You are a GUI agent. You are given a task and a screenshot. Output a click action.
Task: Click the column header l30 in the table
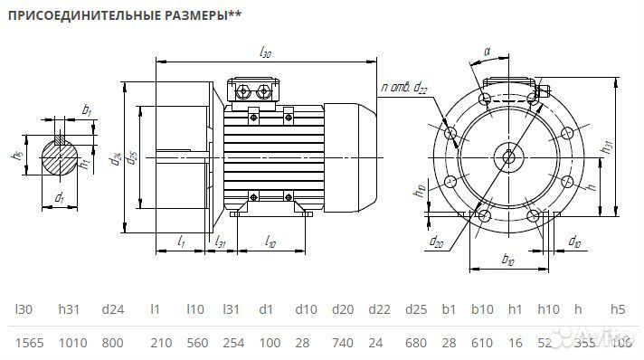[x=24, y=309]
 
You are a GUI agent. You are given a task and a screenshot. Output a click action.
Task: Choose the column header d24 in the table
[x=112, y=309]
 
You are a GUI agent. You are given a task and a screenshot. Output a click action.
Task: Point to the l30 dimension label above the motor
[x=264, y=53]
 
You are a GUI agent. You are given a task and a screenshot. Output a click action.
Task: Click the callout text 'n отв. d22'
[x=404, y=87]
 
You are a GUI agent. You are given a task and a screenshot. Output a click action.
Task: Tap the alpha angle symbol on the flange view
[x=487, y=52]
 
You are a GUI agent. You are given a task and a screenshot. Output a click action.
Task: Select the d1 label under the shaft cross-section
[x=59, y=197]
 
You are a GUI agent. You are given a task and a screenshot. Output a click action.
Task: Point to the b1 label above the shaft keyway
[x=86, y=110]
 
